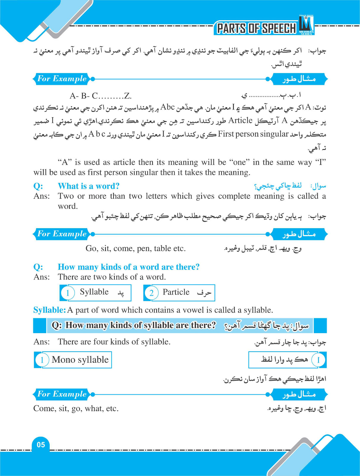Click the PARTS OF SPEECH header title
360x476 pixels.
point(256,28)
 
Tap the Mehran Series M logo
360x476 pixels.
point(306,25)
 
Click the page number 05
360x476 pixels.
point(41,445)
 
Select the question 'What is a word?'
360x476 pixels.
point(89,186)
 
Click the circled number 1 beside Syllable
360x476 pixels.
point(68,293)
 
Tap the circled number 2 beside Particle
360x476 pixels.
point(151,293)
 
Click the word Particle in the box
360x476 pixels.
point(176,292)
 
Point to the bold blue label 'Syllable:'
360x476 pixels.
point(49,310)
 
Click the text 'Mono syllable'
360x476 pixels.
point(80,360)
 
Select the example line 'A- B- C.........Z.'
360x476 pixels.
point(101,96)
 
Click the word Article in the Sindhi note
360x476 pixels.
point(240,120)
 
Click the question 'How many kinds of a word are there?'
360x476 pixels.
point(129,267)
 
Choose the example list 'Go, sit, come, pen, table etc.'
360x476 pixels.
point(135,248)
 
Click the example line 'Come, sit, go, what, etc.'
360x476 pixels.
point(76,408)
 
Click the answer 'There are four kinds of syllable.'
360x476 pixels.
point(114,342)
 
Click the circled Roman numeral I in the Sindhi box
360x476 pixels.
point(318,360)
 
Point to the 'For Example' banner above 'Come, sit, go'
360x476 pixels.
point(62,394)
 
